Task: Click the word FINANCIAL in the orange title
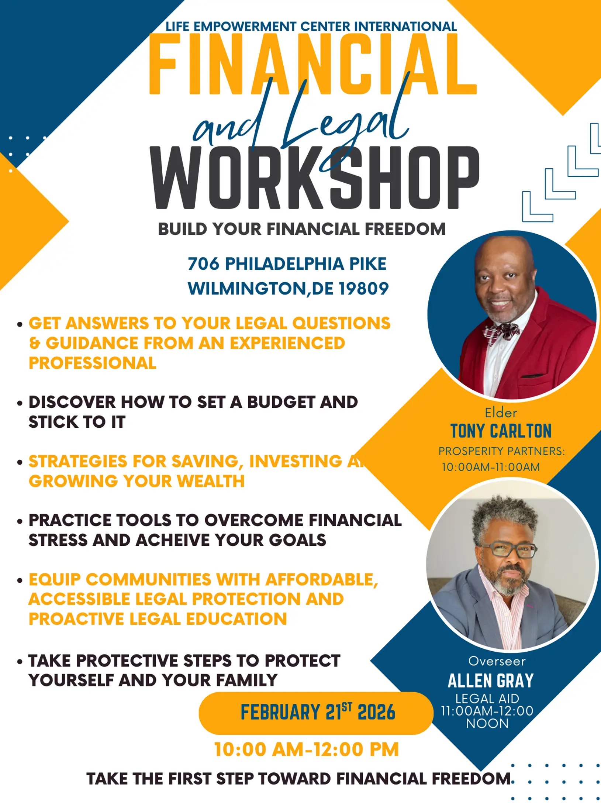(x=313, y=64)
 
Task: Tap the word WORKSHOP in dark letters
(x=315, y=178)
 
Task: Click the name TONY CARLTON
(x=501, y=431)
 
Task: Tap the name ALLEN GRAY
(x=491, y=681)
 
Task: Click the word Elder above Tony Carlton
(x=501, y=413)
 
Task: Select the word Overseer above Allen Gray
(x=497, y=661)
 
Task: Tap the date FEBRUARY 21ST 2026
(x=318, y=712)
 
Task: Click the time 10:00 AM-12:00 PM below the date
(x=307, y=749)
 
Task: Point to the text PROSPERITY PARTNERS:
(x=501, y=451)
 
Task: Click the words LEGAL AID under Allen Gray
(x=487, y=699)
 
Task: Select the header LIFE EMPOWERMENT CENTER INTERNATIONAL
(x=311, y=27)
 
